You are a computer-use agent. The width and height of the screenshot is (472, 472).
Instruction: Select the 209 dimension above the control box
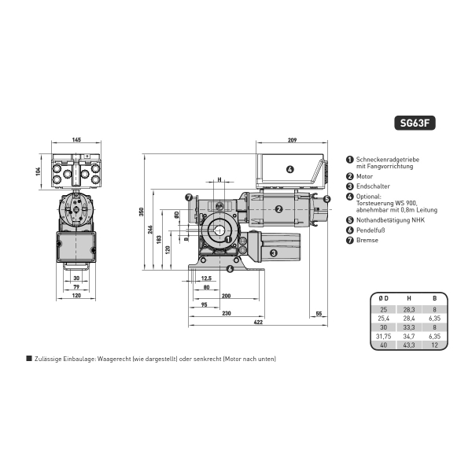pos(292,140)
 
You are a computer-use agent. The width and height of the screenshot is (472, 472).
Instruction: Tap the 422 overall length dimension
pos(257,322)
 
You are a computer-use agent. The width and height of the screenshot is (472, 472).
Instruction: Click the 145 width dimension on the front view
pos(76,140)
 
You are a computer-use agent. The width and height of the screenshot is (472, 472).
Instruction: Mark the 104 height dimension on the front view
pos(39,171)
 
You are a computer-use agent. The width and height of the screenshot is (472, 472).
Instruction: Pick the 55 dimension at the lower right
pos(319,314)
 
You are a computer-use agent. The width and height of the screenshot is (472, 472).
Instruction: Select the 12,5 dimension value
pos(206,278)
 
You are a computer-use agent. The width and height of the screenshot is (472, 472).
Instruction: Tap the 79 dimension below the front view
pos(76,288)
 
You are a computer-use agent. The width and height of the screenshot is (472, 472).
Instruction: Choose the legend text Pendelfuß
pos(370,230)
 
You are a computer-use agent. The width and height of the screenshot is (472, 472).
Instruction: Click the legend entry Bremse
pos(367,240)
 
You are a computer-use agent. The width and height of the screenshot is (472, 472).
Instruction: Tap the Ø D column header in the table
pos(382,298)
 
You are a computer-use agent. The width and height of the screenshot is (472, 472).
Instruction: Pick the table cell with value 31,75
pos(382,335)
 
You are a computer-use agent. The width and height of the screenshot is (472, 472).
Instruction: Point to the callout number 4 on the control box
pos(289,168)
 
